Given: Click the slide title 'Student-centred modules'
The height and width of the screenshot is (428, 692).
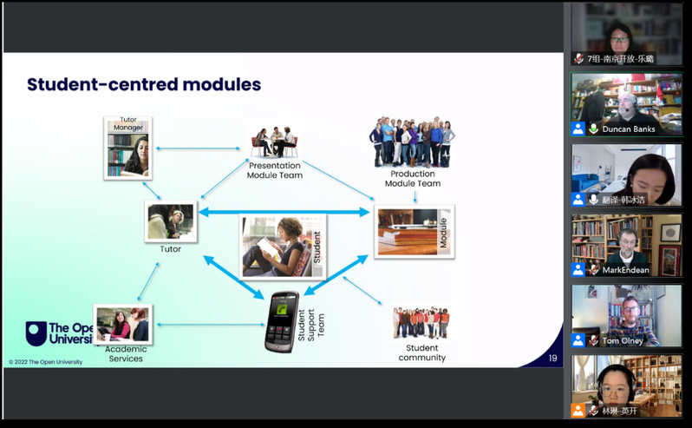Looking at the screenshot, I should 144,85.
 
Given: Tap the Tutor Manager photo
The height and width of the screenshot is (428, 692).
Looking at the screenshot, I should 128,148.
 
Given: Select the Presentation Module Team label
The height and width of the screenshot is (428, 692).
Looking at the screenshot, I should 275,170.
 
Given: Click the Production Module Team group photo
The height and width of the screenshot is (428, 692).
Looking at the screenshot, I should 412,142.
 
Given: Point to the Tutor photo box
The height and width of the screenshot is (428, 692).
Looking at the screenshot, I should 171,222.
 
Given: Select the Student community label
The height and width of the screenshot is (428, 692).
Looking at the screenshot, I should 421,352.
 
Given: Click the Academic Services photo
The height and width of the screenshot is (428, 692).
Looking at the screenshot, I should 123,324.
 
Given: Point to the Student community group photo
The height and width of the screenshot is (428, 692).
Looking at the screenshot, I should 421,322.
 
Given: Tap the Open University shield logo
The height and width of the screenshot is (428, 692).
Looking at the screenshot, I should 36,333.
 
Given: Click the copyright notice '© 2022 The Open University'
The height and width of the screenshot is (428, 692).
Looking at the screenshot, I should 46,362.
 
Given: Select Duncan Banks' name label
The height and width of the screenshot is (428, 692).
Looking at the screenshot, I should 628,128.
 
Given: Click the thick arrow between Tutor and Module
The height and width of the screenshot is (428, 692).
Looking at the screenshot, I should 285,211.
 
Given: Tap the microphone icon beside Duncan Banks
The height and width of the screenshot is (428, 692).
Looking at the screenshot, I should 594,128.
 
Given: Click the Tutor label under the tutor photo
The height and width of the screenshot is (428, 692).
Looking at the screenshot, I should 170,249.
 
